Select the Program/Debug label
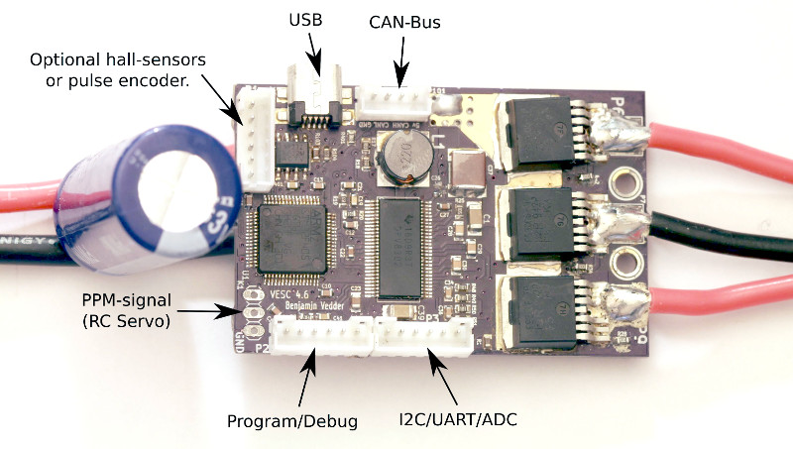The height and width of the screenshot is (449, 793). (x=291, y=420)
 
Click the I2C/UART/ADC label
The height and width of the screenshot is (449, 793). (x=459, y=420)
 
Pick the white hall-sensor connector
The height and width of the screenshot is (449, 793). (x=257, y=139)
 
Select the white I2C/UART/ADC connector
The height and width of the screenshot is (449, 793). (x=422, y=340)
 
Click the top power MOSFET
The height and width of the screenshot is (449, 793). (x=541, y=129)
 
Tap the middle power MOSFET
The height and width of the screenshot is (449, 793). (x=541, y=211)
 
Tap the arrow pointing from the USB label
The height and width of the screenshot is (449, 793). (x=313, y=56)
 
